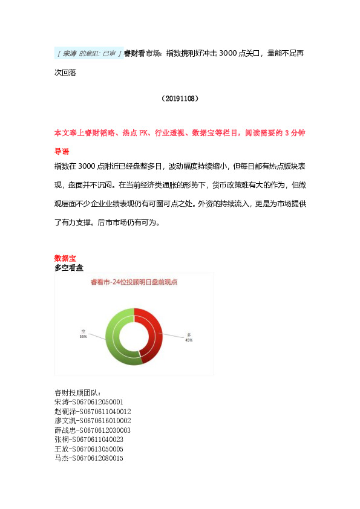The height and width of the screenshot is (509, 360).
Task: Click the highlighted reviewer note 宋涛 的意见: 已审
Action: point(89,53)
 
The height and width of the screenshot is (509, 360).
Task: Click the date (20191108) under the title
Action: point(180,98)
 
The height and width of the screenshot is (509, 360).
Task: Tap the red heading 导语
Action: point(62,151)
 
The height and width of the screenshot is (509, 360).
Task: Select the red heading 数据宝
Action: point(65,258)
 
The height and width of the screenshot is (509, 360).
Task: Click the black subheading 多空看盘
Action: point(69,267)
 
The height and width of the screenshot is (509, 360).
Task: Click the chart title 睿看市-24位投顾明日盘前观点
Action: point(134,282)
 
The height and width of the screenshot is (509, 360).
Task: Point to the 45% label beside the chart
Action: point(189,340)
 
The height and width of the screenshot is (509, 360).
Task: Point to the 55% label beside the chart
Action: point(83,337)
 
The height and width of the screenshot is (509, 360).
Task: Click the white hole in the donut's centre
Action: point(134,336)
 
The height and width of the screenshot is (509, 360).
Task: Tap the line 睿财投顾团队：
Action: point(78,392)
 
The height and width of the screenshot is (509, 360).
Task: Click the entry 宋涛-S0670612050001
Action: point(88,401)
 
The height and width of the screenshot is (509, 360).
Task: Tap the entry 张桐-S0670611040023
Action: point(88,439)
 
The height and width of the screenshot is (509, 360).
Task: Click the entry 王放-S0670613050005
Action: point(88,449)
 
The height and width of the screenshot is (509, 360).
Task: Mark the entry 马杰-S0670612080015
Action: point(88,459)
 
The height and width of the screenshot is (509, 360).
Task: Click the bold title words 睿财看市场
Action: point(143,53)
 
